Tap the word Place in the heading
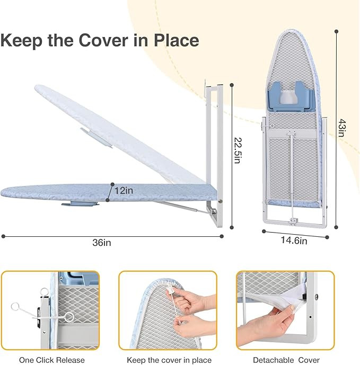pyautogui.click(x=175, y=41)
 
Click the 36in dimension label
pyautogui.click(x=102, y=243)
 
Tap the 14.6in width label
pyautogui.click(x=294, y=241)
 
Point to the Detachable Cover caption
pyautogui.click(x=285, y=360)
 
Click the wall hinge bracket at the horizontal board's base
pyautogui.click(x=213, y=215)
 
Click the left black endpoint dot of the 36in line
pyautogui.click(x=3, y=236)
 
